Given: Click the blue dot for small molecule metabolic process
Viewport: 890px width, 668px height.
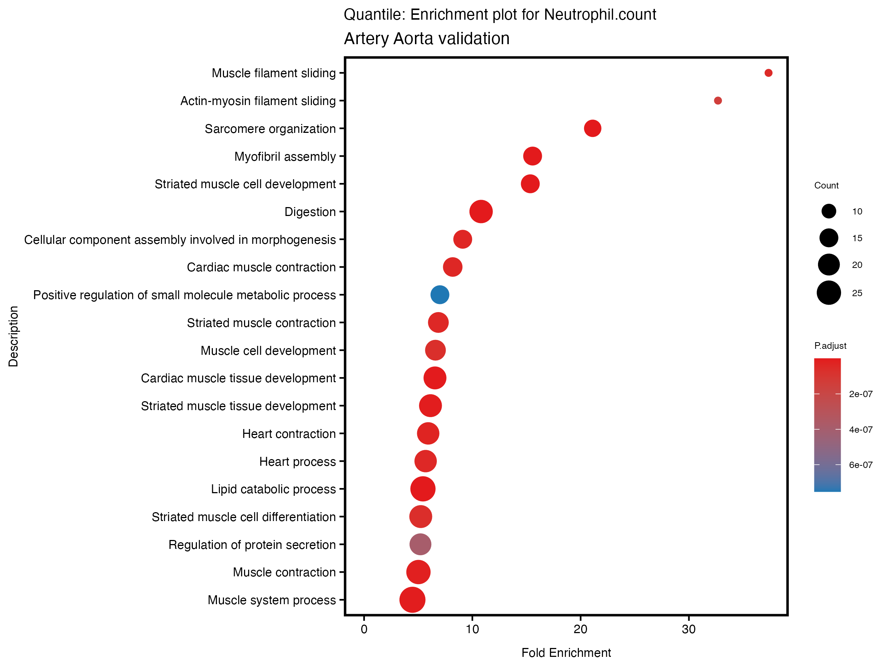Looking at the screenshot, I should (x=440, y=295).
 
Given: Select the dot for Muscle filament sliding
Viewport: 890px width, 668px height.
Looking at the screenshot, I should (x=768, y=73).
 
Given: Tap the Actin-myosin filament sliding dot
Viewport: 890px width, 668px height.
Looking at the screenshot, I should (x=718, y=101).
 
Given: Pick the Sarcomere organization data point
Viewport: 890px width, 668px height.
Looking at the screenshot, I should (x=592, y=128).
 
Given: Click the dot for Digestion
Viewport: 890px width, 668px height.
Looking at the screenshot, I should (x=481, y=212).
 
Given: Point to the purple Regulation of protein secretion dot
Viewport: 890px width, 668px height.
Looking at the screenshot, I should (x=420, y=544).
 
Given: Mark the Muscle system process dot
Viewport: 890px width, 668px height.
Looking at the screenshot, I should (x=412, y=600).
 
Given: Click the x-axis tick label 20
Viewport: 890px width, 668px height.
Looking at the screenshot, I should (x=580, y=629).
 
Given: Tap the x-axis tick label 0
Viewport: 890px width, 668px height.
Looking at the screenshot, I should (x=364, y=629).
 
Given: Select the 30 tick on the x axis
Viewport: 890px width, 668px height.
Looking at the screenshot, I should (x=688, y=629).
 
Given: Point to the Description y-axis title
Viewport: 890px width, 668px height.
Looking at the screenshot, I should (x=13, y=336).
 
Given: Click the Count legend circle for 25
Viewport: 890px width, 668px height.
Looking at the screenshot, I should (x=828, y=293).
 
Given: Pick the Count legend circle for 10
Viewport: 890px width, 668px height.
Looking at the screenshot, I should (x=828, y=211).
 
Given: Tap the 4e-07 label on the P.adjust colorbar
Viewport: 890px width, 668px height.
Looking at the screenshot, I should (x=861, y=430).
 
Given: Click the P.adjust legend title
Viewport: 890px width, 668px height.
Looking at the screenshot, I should (x=830, y=346).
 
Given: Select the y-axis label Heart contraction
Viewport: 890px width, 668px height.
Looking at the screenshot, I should (x=289, y=434).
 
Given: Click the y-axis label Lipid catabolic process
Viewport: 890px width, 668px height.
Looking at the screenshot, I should (x=273, y=489).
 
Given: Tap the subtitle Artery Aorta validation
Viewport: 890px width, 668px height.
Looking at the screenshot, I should (x=426, y=39).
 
